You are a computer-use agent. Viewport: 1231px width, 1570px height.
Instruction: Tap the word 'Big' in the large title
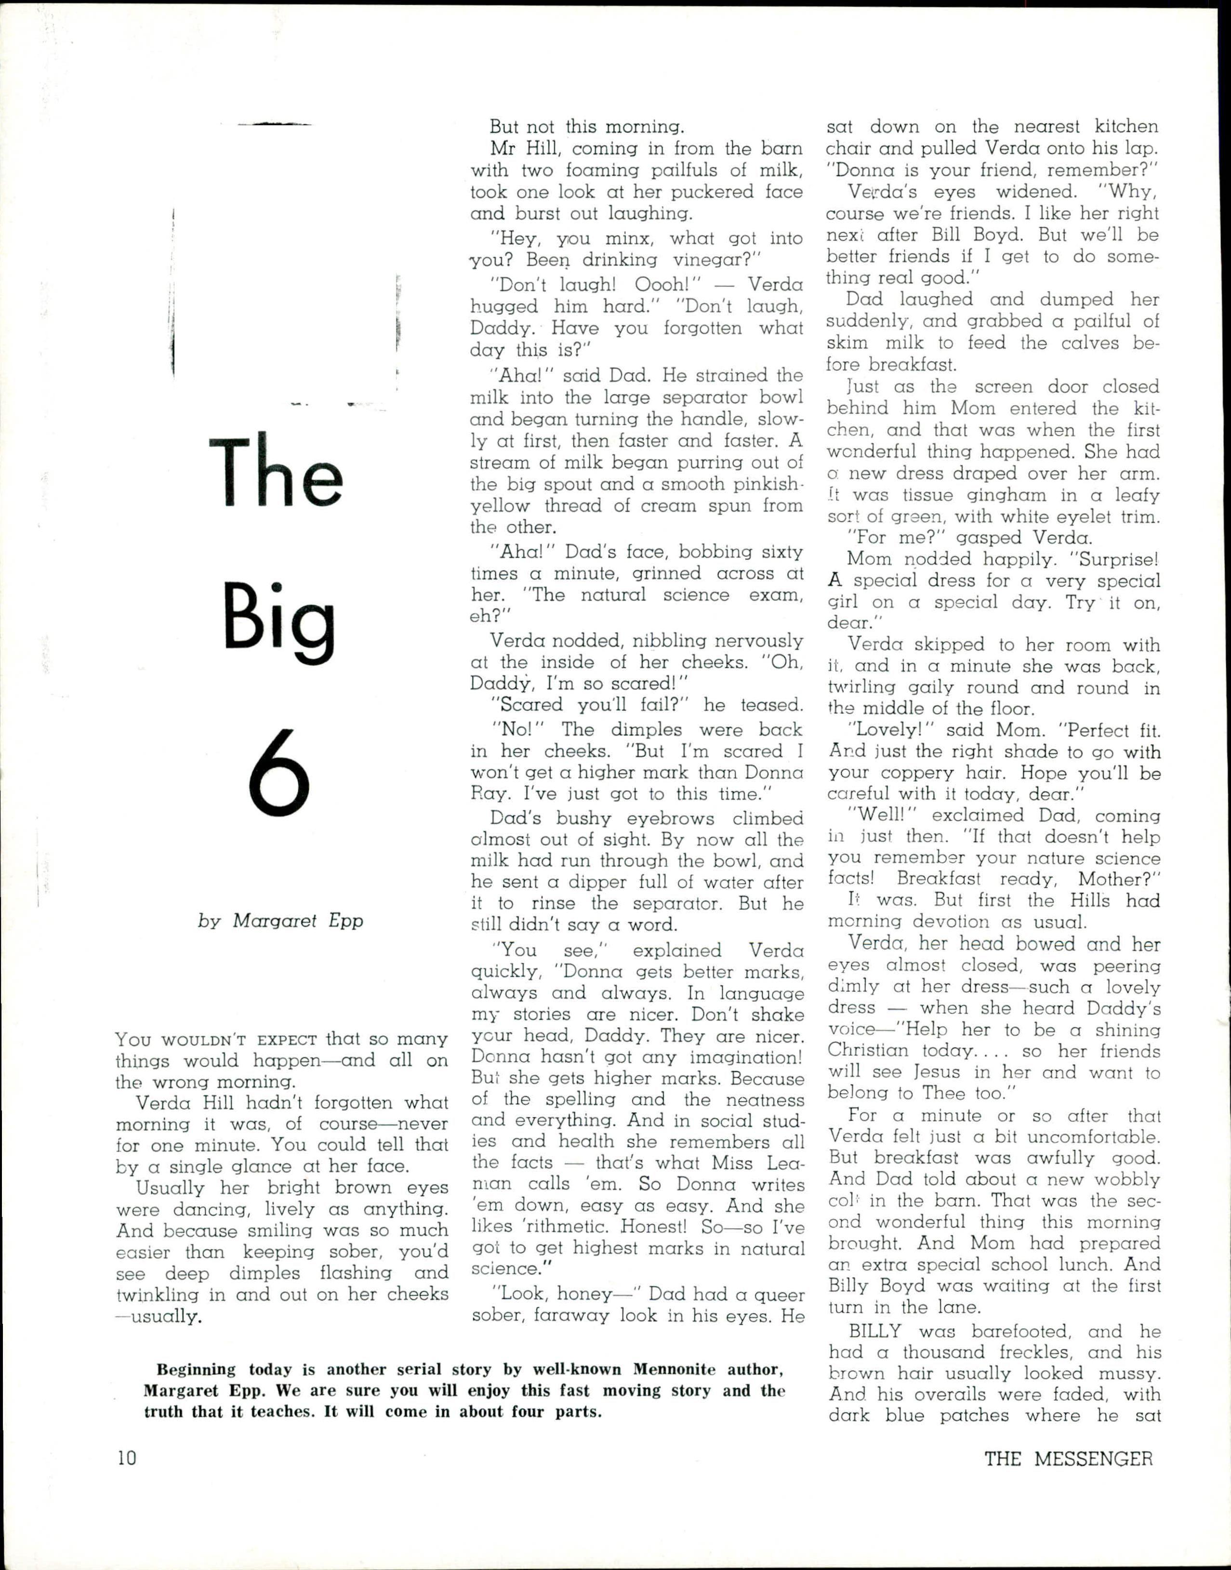279,618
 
